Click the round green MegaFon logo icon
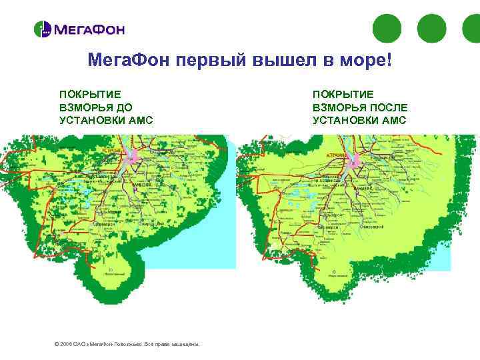[x=43, y=29]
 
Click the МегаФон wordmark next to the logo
[x=89, y=30]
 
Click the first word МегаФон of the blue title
[x=130, y=61]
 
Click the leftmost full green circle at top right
[x=386, y=29]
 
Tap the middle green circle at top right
[x=431, y=29]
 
